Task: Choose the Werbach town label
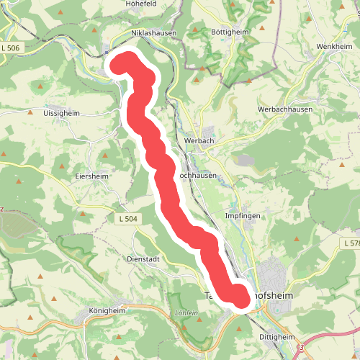tap(199, 141)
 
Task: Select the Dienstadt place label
tap(142, 259)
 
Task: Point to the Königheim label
tap(107, 312)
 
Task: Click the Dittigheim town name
tap(276, 336)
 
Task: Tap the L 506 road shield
tap(12, 48)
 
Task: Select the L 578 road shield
tap(351, 244)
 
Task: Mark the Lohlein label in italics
tap(186, 313)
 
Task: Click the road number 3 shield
tap(302, 348)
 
